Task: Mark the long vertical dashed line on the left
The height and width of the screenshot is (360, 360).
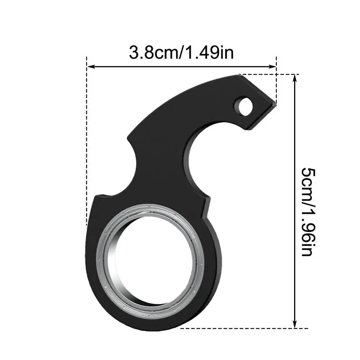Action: [87, 144]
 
